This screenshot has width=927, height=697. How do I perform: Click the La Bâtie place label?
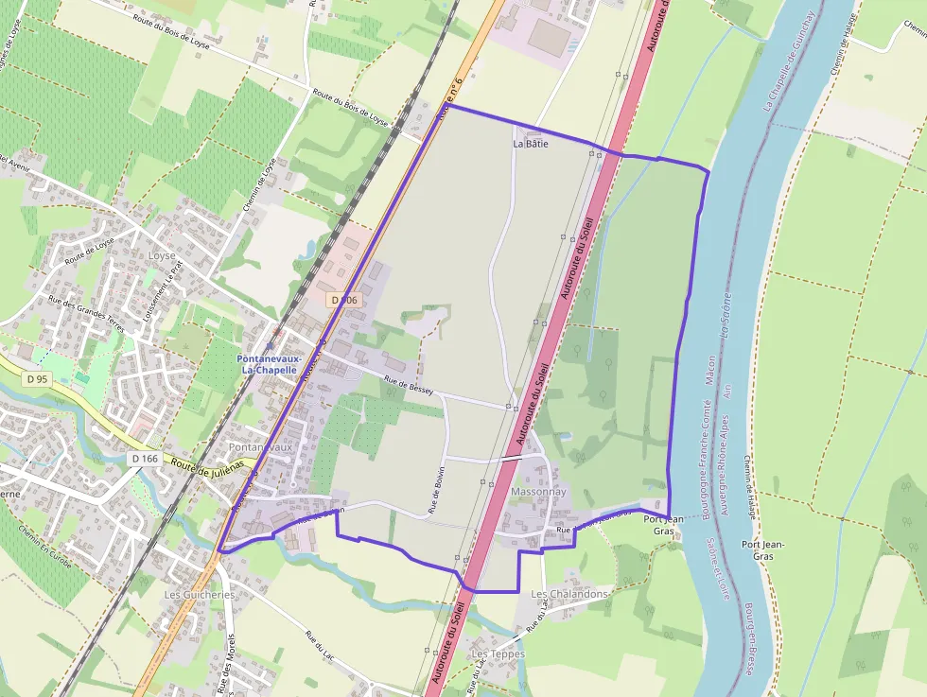click(x=530, y=144)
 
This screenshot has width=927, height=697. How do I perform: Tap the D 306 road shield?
click(x=344, y=299)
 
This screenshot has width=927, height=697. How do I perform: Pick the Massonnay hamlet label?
click(x=538, y=493)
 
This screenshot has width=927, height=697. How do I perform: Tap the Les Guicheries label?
click(x=199, y=595)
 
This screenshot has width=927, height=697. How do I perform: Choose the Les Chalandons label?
click(x=569, y=594)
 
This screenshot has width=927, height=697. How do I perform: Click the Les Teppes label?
click(x=498, y=653)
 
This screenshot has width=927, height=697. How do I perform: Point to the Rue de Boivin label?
click(x=437, y=492)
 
